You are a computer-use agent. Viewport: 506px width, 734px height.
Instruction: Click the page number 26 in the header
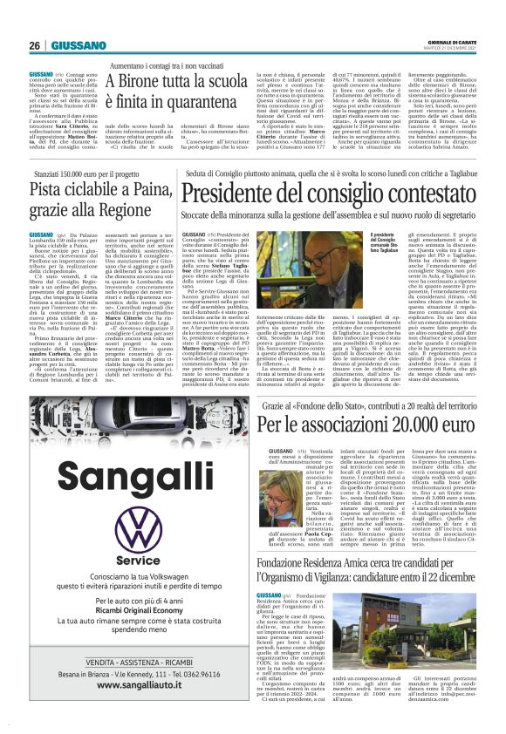[35, 45]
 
